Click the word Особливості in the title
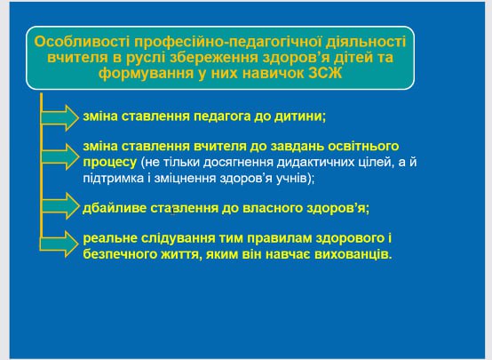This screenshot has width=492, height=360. [82, 42]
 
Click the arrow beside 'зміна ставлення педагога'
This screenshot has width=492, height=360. [60, 118]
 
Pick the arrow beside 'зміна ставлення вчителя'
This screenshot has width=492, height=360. [60, 156]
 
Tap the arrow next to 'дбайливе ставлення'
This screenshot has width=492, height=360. [60, 206]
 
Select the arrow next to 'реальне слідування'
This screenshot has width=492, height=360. [59, 244]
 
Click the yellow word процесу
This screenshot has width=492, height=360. [110, 163]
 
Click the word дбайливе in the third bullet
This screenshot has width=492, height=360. [115, 208]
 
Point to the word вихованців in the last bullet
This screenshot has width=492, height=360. [353, 254]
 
